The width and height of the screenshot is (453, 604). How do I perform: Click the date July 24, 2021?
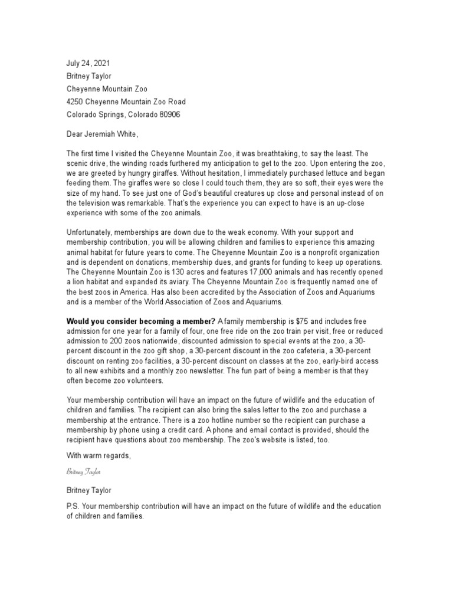click(87, 63)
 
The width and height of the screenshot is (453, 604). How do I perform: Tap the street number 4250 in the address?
click(76, 101)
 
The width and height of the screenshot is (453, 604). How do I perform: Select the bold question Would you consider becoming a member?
click(141, 321)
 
